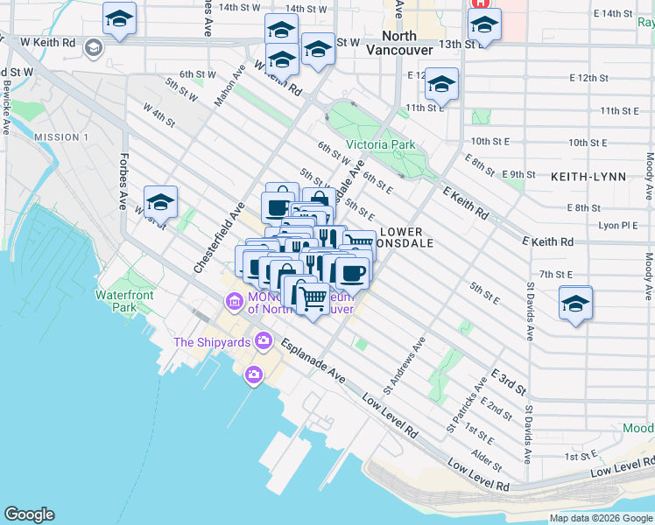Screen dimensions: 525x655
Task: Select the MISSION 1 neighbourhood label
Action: [x=61, y=137]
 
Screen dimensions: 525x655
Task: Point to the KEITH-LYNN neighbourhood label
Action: [x=588, y=177]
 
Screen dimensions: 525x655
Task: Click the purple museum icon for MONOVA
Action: [x=234, y=303]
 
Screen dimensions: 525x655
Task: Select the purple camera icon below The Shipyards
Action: [x=254, y=374]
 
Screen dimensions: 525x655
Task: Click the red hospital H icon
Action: [x=480, y=3]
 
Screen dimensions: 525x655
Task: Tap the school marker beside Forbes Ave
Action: [x=161, y=202]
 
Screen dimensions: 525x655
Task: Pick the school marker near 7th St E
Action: [x=575, y=304]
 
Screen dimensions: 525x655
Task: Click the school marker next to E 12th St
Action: [x=442, y=85]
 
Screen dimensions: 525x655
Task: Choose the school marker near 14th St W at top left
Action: [x=120, y=17]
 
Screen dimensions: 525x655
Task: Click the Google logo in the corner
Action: [x=29, y=514]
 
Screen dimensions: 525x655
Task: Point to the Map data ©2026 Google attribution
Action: [x=601, y=518]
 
